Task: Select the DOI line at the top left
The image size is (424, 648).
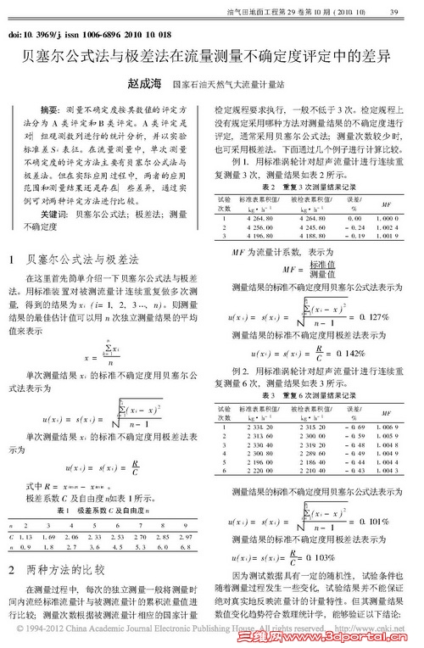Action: (x=81, y=36)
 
